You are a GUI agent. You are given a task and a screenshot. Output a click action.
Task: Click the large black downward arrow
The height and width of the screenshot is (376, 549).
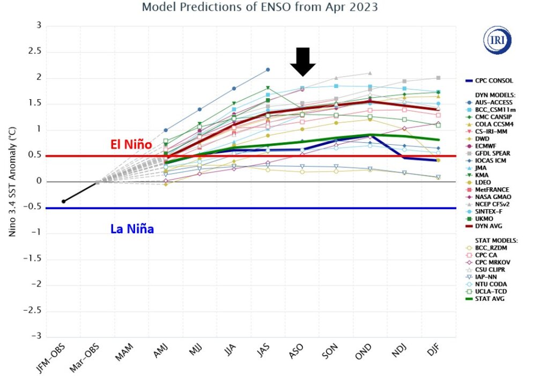click(x=303, y=61)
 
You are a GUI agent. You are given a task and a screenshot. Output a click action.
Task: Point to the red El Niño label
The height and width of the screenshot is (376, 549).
click(x=130, y=145)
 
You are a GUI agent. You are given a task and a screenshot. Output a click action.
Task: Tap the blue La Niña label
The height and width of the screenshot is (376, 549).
click(x=132, y=229)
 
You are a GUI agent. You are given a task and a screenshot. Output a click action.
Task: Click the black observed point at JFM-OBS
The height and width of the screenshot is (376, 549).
click(x=63, y=201)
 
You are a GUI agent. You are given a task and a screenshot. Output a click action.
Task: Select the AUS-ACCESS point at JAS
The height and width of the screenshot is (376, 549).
click(x=268, y=70)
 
